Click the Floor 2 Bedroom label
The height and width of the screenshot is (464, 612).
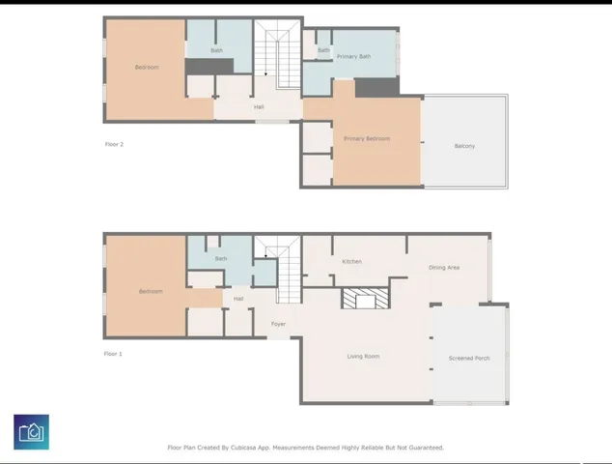pos(147,68)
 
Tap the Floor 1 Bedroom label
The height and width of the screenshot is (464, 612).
pos(151,292)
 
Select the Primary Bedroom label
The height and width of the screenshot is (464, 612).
pos(367,139)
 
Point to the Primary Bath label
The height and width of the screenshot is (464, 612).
pos(353,57)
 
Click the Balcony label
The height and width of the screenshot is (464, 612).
pos(464,147)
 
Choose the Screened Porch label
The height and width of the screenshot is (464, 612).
pos(469,359)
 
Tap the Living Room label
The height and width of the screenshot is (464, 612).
pos(363,357)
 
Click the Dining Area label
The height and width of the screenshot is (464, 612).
pos(444,268)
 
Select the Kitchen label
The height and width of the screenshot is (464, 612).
pos(351,262)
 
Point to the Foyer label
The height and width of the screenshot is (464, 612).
pos(278,324)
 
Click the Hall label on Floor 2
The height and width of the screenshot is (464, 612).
pos(259,107)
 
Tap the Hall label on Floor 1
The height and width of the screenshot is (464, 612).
pos(238,300)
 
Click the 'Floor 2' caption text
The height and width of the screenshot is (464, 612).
pos(114,145)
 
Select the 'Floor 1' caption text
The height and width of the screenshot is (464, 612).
pos(113,355)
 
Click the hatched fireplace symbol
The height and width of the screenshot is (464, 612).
pos(366,299)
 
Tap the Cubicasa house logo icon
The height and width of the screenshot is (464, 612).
pos(32,432)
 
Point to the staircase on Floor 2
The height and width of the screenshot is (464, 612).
pos(277,53)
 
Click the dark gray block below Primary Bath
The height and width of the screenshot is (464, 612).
pos(376,88)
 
